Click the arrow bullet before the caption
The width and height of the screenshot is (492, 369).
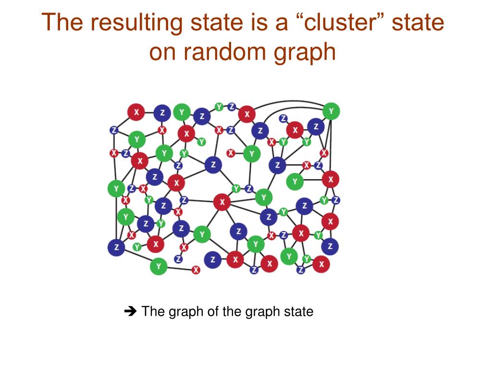coord(130,312)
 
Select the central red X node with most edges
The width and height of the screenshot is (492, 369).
coord(222,202)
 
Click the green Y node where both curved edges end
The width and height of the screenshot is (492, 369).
coord(331,111)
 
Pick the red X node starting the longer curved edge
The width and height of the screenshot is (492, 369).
coord(247,114)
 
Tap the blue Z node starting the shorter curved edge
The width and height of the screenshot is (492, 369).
coord(260,130)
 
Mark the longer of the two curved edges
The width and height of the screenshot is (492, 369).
coord(288,104)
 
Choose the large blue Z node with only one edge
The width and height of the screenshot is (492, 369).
coord(212,259)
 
